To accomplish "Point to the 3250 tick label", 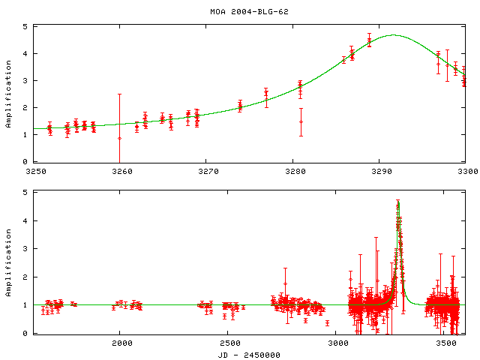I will click(34, 171).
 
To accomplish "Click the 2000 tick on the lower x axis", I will click(121, 343).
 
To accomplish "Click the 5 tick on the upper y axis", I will click(25, 27).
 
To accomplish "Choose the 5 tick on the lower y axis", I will click(25, 193).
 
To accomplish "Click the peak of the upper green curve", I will click(393, 34).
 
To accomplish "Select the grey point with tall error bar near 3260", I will click(119, 138).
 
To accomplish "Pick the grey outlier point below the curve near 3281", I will click(301, 121).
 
